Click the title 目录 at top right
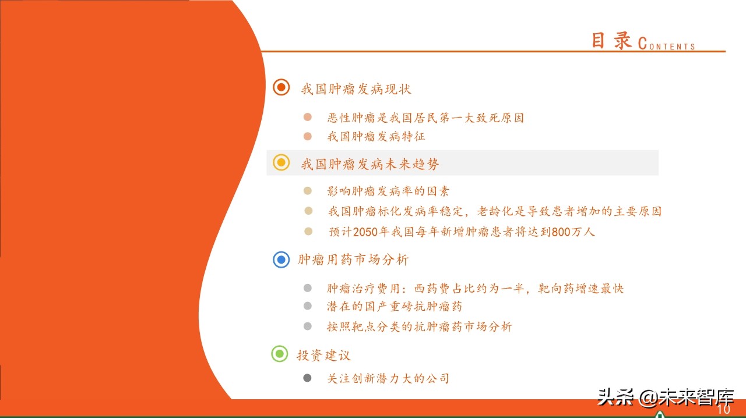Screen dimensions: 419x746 pos(611,40)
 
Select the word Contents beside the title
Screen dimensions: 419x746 pos(667,44)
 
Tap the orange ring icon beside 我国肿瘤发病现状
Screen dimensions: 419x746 pos(281,87)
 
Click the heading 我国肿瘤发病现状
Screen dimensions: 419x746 pos(356,89)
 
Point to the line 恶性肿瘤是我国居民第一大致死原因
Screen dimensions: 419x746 pos(425,118)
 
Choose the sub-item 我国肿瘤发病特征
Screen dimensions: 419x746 pos(376,137)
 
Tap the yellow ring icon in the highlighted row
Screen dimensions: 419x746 pos(281,163)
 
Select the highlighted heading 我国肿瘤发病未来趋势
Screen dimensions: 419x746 pos(370,164)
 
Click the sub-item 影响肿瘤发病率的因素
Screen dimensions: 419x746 pos(388,191)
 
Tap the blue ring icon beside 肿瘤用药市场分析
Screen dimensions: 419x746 pos(281,260)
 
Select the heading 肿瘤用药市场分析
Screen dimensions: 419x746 pos(353,260)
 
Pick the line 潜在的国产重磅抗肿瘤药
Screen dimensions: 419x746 pos(395,306)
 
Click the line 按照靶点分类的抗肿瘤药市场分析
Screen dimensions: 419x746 pos(420,326)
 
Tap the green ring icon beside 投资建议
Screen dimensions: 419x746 pos(280,354)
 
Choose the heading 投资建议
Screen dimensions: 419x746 pos(324,355)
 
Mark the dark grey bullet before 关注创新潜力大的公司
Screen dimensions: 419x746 pos(308,378)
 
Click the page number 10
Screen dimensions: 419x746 pos(723,410)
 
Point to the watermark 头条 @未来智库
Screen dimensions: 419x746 pos(665,397)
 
